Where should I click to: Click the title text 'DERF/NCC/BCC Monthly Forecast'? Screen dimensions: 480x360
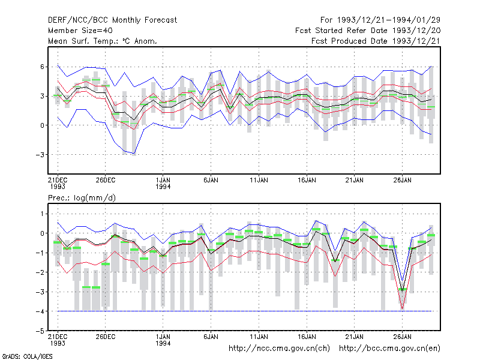point(112,20)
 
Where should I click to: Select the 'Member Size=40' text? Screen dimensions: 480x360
point(80,31)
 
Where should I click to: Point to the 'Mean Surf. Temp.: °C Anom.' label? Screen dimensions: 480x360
point(103,41)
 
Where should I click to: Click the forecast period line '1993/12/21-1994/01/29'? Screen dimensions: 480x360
point(389,20)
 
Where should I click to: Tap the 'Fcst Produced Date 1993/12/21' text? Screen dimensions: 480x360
point(376,41)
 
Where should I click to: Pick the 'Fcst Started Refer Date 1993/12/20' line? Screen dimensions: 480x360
point(368,31)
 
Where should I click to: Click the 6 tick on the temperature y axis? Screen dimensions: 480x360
point(42,67)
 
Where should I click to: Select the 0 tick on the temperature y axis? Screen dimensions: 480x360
point(42,125)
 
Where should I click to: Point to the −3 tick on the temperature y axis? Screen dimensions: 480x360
point(40,155)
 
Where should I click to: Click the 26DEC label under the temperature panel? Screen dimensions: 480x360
point(106,180)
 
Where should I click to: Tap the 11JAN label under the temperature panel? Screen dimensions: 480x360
point(259,180)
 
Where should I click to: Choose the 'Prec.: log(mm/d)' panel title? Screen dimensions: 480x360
point(82,198)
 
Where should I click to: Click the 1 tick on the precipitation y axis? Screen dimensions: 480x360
point(43,214)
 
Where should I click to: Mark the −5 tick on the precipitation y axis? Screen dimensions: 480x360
point(40,331)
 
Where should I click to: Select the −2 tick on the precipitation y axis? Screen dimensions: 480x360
point(40,272)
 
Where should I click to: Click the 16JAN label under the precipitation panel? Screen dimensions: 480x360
point(307,337)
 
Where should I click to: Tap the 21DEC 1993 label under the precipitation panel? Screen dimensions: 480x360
point(58,340)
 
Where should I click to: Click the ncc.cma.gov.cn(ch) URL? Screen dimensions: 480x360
point(279,349)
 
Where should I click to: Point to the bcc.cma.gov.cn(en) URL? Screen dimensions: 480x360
point(389,349)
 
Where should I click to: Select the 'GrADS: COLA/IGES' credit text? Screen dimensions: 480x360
point(27,356)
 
